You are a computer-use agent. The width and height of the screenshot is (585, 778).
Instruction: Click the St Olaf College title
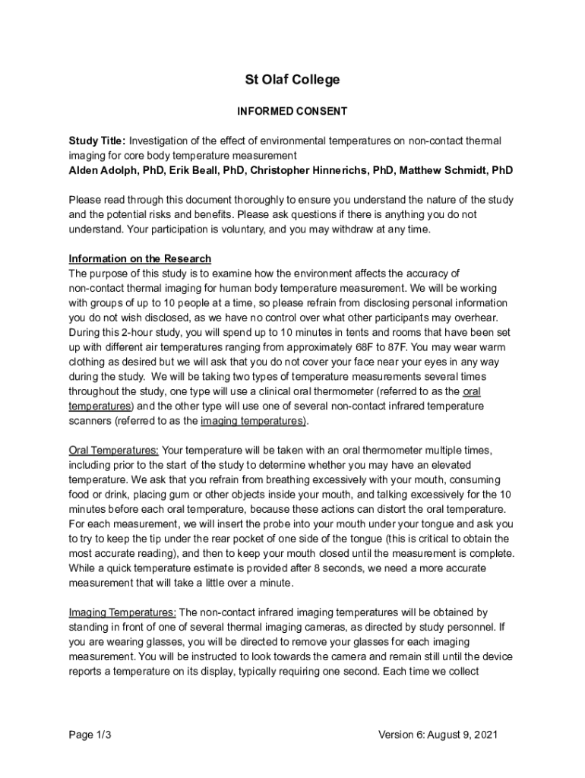pyautogui.click(x=292, y=80)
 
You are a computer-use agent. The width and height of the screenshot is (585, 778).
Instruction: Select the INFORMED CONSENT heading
pyautogui.click(x=292, y=111)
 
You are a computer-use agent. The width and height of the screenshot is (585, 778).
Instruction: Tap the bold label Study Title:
pyautogui.click(x=97, y=141)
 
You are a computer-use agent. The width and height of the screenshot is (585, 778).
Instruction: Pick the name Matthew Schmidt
pyautogui.click(x=436, y=169)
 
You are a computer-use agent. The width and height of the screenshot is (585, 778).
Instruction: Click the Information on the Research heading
pyautogui.click(x=140, y=258)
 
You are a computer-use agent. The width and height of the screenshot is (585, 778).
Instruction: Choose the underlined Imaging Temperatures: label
pyautogui.click(x=123, y=612)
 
